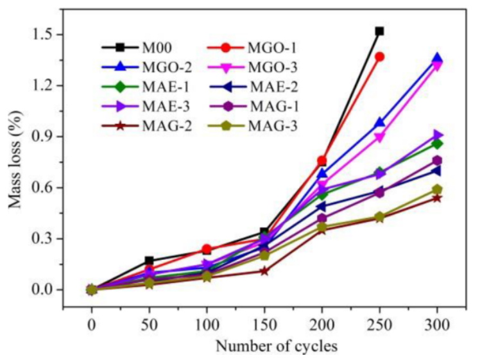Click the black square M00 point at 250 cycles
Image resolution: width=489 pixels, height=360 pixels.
click(379, 31)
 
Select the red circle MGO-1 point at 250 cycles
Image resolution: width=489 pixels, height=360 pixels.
click(379, 56)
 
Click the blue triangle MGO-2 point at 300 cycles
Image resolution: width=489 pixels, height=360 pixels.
click(437, 58)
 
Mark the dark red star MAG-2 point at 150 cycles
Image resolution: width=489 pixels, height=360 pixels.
click(264, 271)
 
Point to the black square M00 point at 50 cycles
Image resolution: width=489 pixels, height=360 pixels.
click(149, 261)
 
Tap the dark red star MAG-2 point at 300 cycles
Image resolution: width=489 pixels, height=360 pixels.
click(437, 198)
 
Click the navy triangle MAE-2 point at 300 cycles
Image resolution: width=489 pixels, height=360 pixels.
click(437, 171)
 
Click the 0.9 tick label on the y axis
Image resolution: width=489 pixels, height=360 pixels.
click(51, 137)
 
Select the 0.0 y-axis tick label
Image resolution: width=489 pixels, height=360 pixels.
click(51, 290)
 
